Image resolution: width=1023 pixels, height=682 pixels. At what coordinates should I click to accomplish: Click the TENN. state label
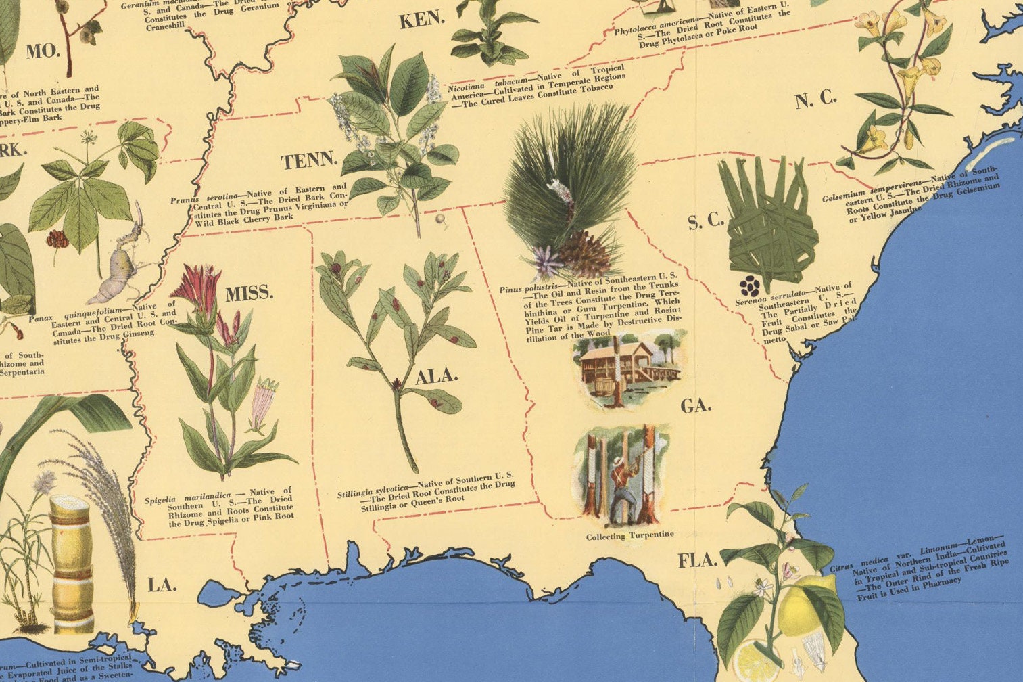coord(309,161)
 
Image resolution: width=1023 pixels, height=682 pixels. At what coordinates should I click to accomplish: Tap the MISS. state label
coord(249,294)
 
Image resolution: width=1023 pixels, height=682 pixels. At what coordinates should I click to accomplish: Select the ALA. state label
coord(436,376)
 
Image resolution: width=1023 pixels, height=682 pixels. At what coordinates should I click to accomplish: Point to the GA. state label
coord(696,406)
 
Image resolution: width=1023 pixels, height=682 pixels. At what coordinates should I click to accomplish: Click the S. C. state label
coord(706,221)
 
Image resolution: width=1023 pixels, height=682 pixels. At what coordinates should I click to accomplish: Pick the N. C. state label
coord(815,100)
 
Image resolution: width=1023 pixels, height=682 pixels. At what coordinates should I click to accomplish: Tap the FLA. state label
coord(698,560)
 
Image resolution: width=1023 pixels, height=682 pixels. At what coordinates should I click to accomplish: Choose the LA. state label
coord(162,585)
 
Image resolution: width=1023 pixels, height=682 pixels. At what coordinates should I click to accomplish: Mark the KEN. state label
coord(422,20)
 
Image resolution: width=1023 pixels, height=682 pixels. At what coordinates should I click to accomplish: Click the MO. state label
coord(43,51)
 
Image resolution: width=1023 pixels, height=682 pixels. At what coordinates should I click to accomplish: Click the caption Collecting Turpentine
coord(629,535)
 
